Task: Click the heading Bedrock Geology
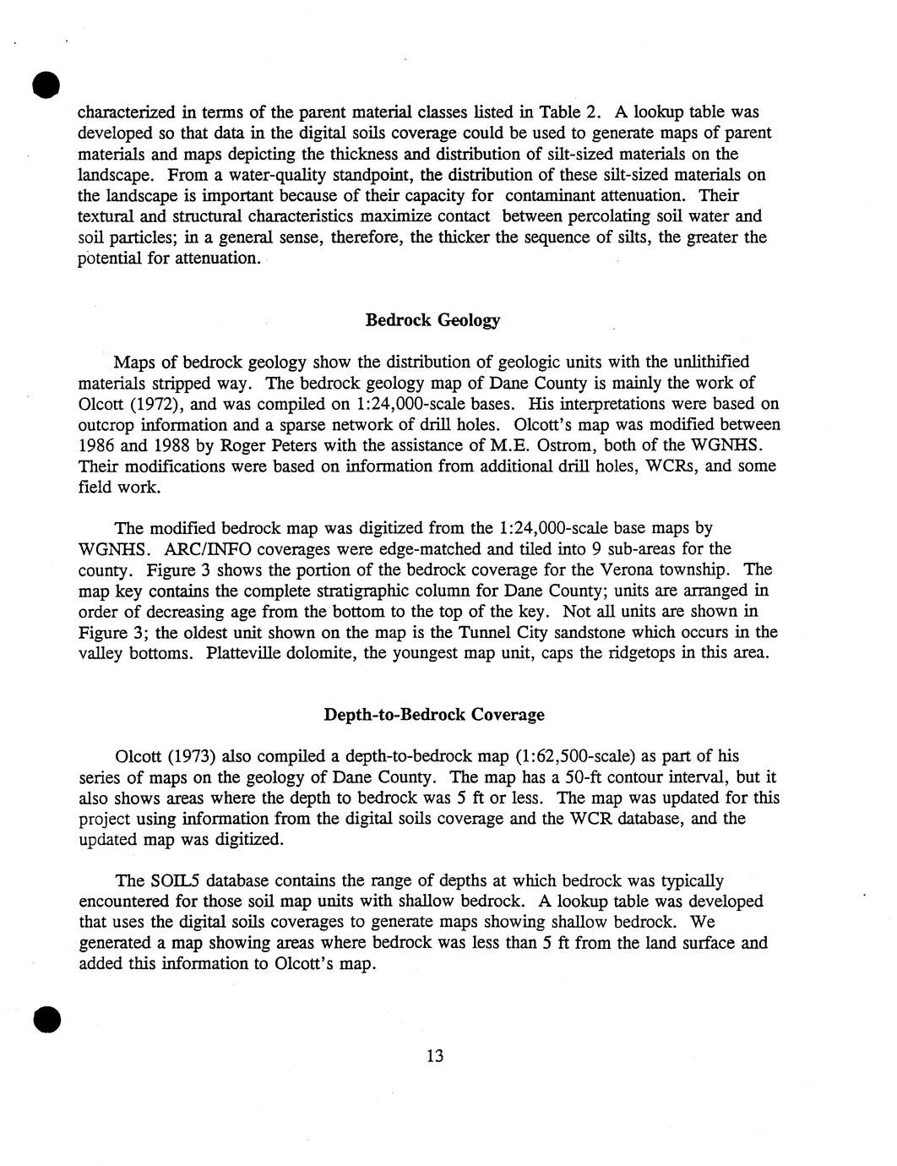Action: pos(432,320)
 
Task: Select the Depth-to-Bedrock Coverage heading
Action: pos(434,715)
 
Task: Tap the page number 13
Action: pos(435,1055)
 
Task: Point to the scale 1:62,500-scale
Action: pos(597,756)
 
